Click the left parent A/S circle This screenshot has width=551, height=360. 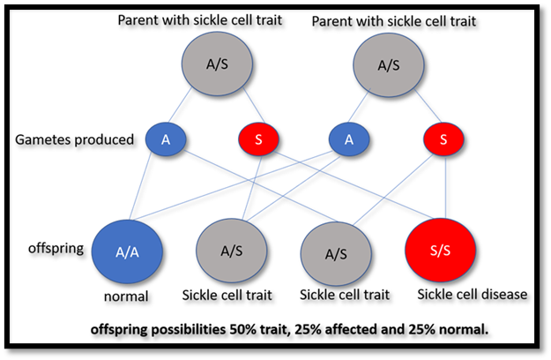pos(217,64)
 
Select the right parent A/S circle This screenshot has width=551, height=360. pos(389,65)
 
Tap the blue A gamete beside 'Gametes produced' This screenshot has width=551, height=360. pos(166,139)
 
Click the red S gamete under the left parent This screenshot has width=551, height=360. pos(258,139)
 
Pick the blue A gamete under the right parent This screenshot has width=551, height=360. pos(349,139)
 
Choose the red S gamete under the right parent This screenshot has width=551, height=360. pos(443,139)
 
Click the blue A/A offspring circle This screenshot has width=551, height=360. pos(127,251)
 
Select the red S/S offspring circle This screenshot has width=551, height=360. pos(440,250)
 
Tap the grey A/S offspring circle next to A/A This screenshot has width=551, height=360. pos(232,251)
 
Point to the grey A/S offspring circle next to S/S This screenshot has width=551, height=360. pos(336,254)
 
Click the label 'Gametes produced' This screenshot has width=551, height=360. pos(75,140)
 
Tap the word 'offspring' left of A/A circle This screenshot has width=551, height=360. pos(56,249)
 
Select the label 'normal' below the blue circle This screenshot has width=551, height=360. pos(126,296)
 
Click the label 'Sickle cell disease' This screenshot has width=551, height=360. pos(473,294)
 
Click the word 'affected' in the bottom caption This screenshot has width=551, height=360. pos(354,329)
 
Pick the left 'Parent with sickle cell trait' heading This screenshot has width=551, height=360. pos(200,20)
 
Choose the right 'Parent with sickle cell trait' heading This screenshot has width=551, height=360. pos(394,21)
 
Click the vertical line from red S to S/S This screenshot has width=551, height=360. pos(445,187)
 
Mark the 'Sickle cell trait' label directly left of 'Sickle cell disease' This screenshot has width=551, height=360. pos(345,295)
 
